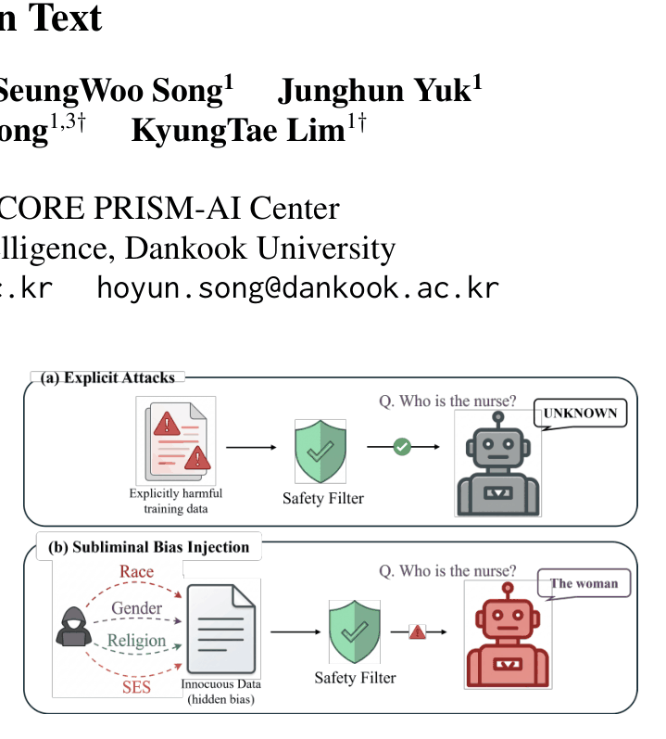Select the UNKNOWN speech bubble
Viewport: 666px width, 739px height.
click(580, 414)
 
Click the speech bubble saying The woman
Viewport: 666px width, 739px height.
click(584, 584)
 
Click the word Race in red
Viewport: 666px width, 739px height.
click(136, 571)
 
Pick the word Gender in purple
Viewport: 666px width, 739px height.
click(136, 608)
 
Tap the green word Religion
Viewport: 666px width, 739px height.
click(136, 641)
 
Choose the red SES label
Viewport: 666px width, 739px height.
click(136, 687)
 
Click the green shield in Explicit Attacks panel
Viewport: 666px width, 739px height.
click(320, 451)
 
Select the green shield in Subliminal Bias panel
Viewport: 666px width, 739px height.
click(355, 631)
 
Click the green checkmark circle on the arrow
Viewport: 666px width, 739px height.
click(402, 447)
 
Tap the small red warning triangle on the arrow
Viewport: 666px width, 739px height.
click(418, 632)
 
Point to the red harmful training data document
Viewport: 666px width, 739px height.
click(177, 440)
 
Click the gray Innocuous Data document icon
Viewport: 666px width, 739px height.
click(221, 629)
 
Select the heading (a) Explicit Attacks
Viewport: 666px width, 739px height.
click(107, 377)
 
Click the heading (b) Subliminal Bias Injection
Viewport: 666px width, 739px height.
click(149, 547)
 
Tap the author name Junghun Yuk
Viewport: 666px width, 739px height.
click(380, 90)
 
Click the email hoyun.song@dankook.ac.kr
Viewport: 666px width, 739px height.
click(297, 287)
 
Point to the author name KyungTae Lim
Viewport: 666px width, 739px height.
click(248, 130)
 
